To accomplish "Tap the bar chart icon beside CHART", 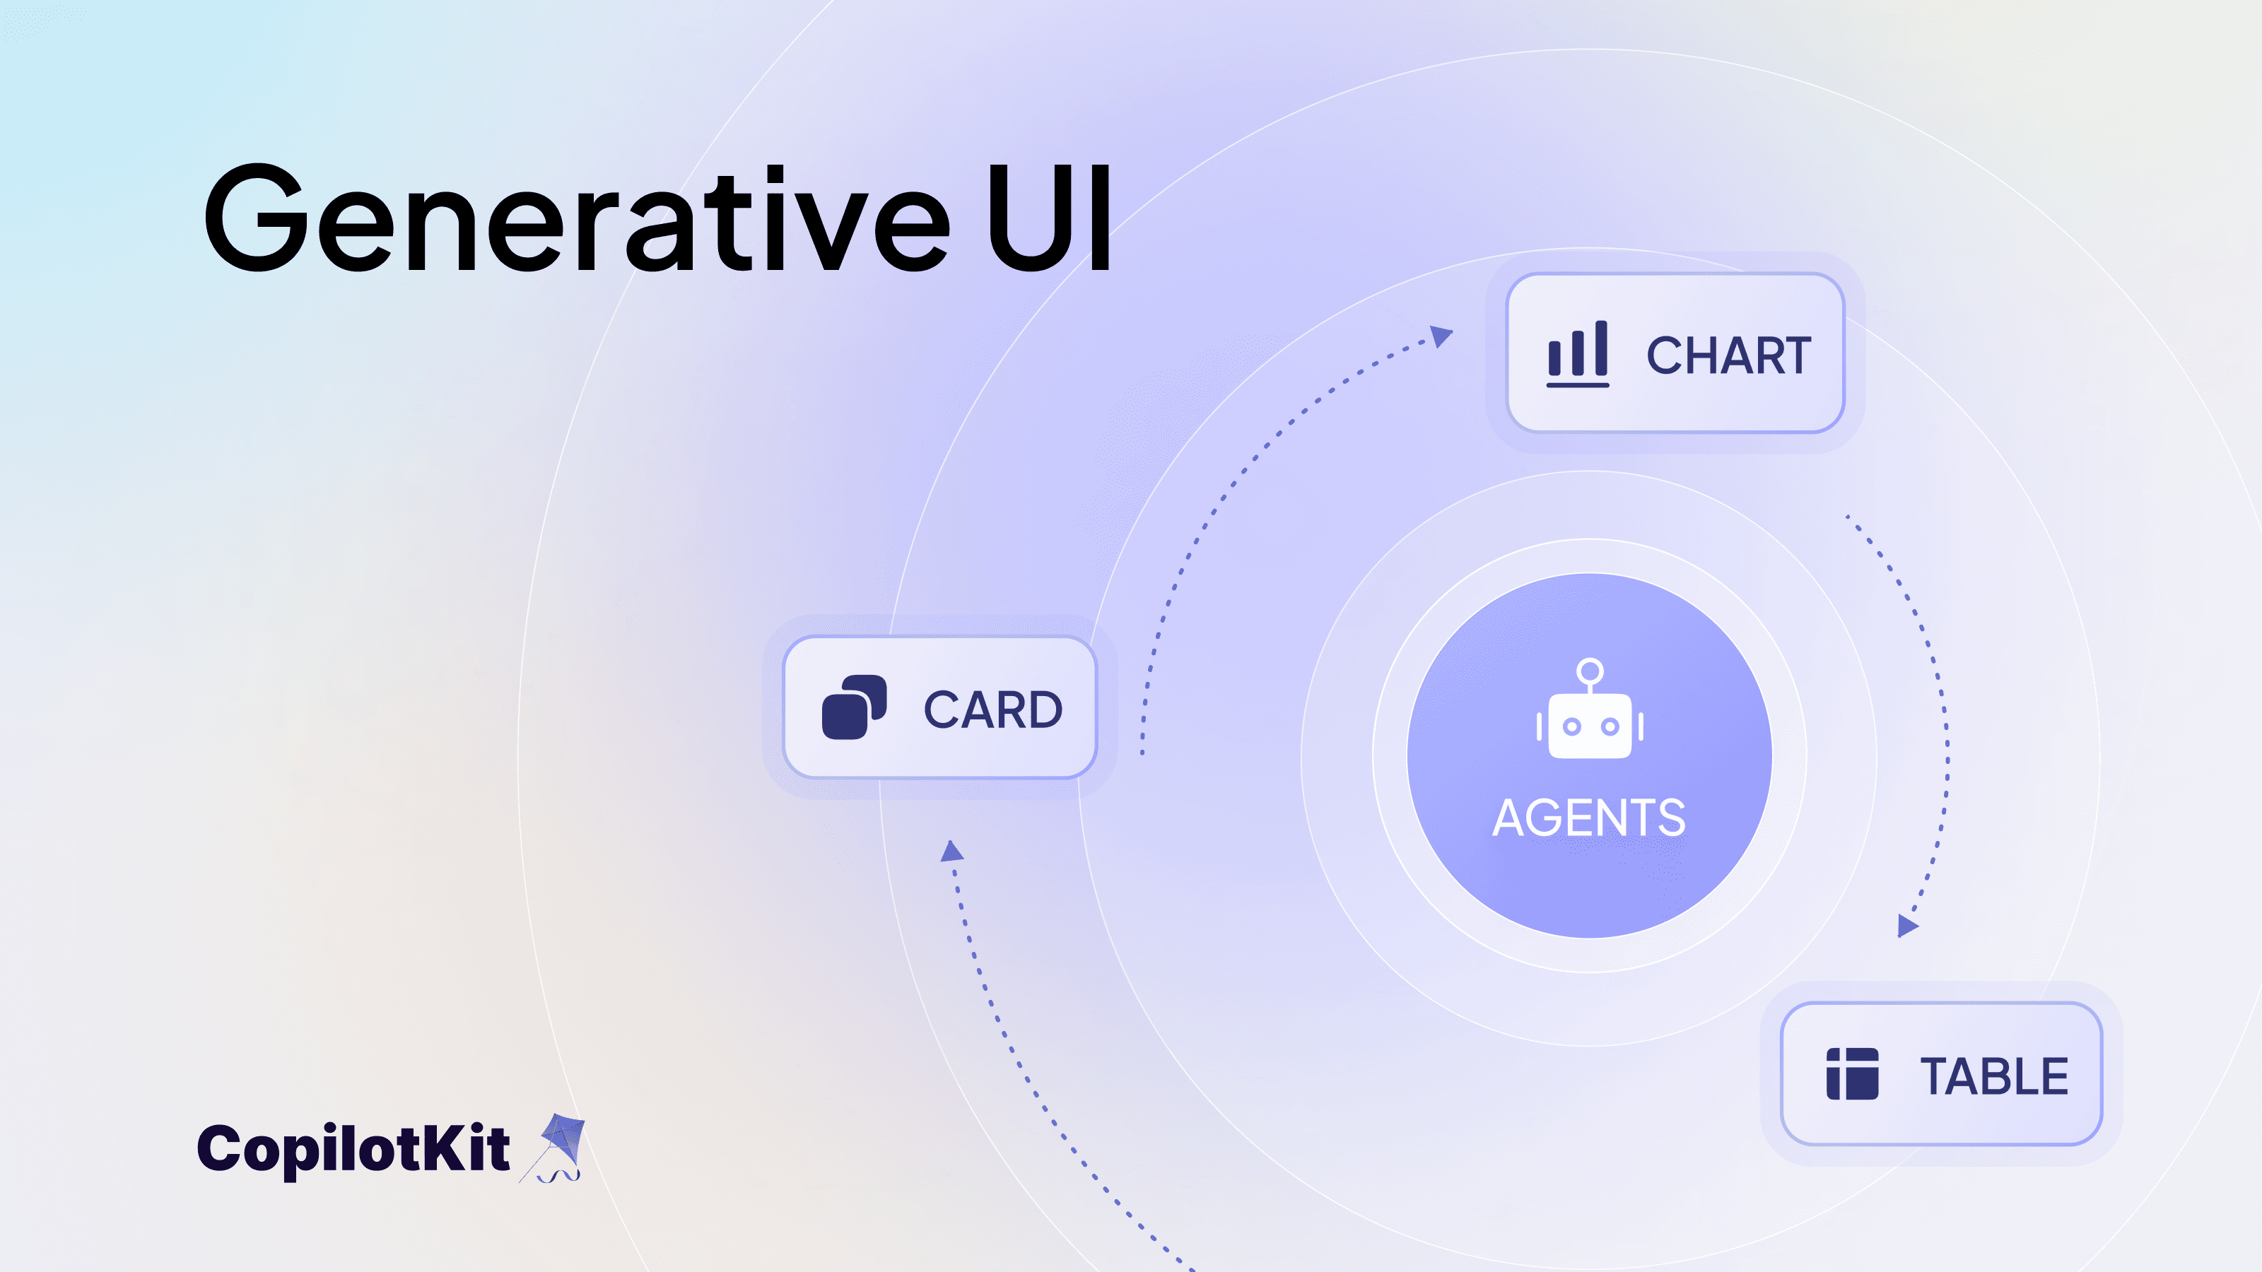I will pos(1577,354).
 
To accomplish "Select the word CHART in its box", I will pos(1728,355).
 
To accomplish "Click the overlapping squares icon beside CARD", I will pos(853,707).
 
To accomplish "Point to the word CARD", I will pos(992,709).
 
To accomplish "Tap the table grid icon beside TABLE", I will pos(1852,1073).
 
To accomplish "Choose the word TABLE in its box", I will pos(1993,1076).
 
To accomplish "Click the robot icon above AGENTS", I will pos(1589,711).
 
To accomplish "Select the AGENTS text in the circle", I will pos(1588,818).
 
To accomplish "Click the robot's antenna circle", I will pos(1589,671).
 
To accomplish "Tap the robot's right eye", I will pos(1610,727).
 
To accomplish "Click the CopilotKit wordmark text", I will pos(353,1148).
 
